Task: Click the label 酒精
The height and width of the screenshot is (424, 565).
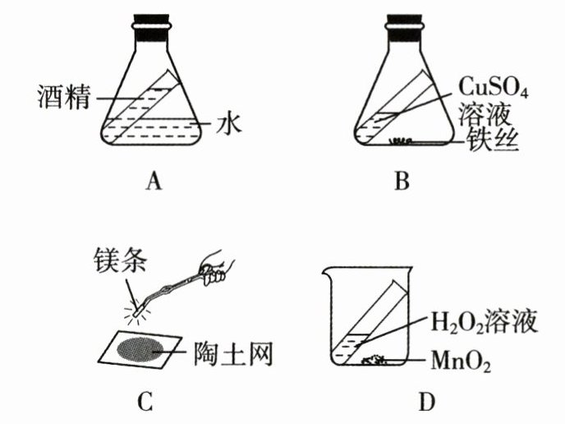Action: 64,97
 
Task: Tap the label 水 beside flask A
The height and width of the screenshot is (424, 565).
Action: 228,125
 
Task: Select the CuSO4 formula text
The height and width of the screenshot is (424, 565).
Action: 493,87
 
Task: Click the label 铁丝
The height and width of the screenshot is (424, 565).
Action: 493,140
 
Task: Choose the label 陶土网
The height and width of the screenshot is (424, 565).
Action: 233,353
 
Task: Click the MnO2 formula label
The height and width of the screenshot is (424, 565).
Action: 461,361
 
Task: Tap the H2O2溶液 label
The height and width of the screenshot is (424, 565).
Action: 484,321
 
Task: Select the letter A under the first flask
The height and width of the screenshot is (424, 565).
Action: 154,181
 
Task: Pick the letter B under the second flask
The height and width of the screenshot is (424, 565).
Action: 402,181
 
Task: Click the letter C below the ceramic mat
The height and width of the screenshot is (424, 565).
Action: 145,401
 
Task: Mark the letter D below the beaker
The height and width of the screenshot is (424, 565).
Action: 427,401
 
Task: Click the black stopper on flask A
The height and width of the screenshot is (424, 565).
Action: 151,27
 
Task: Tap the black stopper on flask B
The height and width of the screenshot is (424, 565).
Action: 403,27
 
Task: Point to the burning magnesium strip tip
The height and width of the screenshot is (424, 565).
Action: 137,312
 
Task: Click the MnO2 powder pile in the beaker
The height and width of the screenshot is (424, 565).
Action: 374,359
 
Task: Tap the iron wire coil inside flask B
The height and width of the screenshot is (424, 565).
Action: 401,141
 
